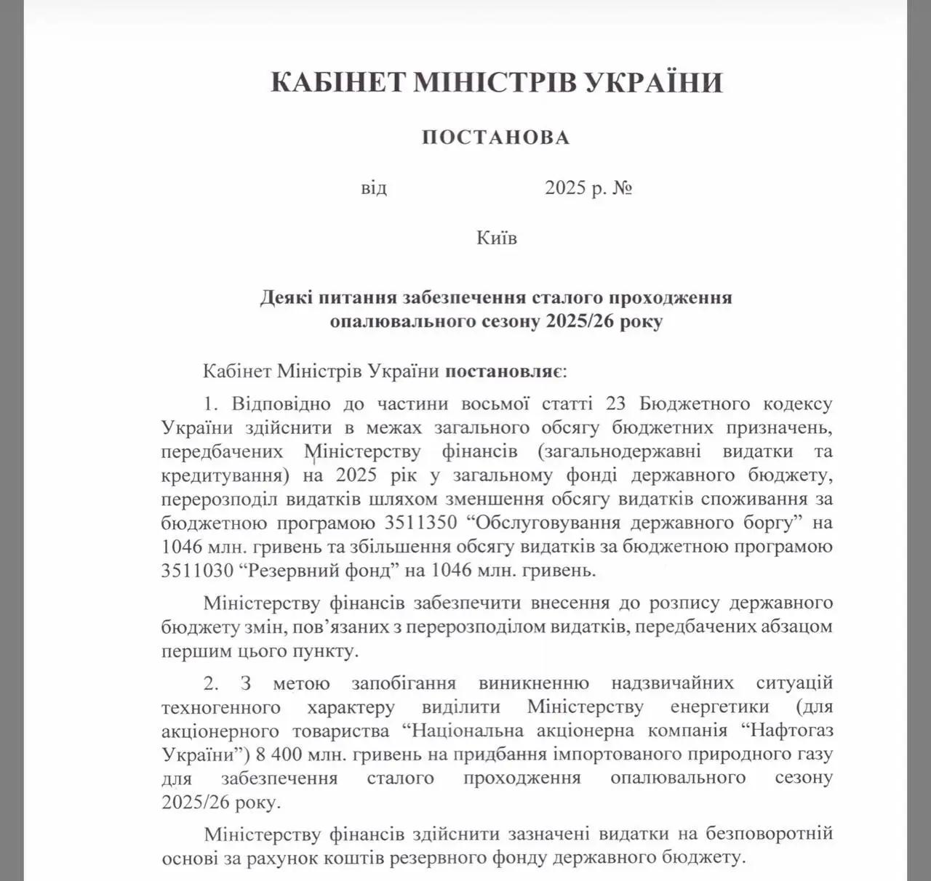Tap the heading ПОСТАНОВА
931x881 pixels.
click(496, 137)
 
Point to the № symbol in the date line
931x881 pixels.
click(623, 188)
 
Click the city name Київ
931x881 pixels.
click(497, 238)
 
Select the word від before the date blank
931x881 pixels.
click(374, 188)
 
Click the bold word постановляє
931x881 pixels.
click(500, 371)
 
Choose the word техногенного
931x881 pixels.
click(221, 707)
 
